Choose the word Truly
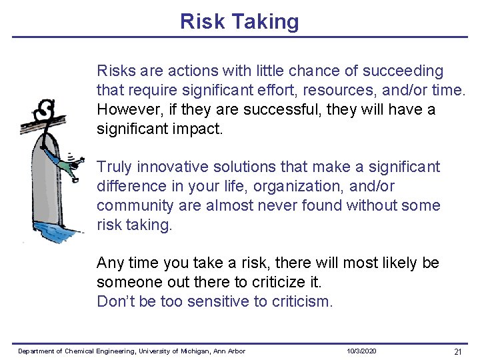[115, 167]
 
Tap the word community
[136, 205]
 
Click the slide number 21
[457, 351]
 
